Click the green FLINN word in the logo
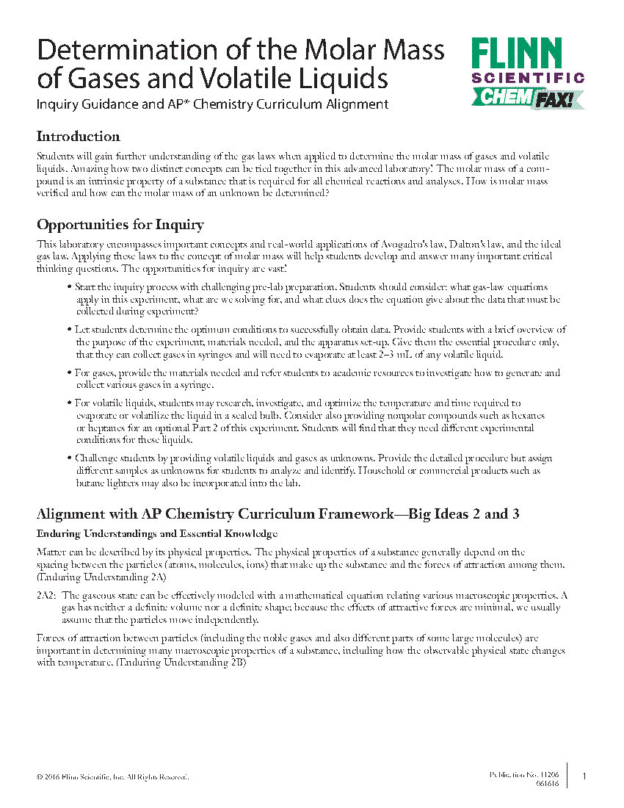tap(516, 55)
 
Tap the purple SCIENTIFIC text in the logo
tap(527, 78)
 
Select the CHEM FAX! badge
tap(527, 98)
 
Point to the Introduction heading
tap(78, 137)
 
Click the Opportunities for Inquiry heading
tap(120, 225)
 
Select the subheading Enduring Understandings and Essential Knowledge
tap(157, 533)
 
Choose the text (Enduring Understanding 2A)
tap(101, 577)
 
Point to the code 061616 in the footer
tap(546, 784)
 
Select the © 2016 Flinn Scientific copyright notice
tap(112, 776)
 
